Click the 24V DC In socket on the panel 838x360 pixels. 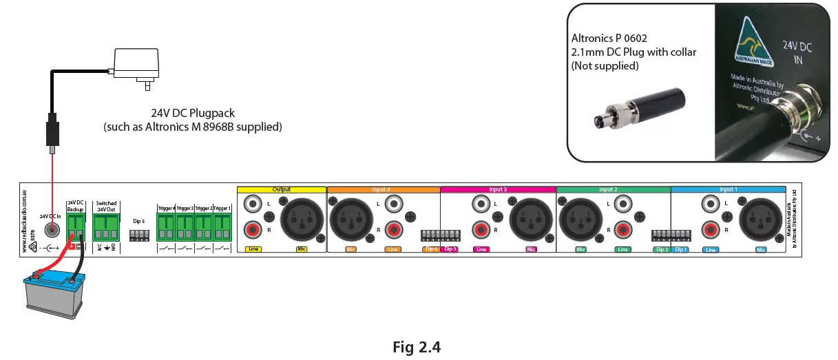click(50, 232)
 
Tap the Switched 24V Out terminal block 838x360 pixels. click(105, 224)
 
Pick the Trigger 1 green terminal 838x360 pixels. click(222, 224)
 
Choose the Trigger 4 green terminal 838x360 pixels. click(166, 224)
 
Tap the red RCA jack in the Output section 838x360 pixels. click(253, 229)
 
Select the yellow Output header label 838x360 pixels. click(281, 189)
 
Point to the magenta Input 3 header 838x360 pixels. click(497, 189)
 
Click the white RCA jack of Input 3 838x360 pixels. click(481, 204)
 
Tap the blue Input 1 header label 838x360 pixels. click(727, 189)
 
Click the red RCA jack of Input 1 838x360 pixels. click(710, 229)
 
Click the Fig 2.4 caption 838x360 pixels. click(416, 346)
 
